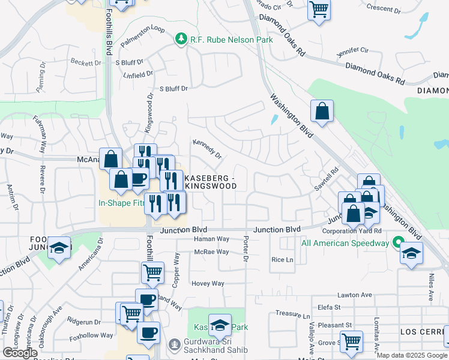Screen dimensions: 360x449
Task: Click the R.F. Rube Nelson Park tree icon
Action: pyautogui.click(x=181, y=40)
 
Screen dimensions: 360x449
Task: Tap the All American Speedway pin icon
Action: pyautogui.click(x=397, y=243)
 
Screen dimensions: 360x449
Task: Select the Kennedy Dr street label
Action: pyautogui.click(x=207, y=149)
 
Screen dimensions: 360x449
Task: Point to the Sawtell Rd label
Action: pyautogui.click(x=323, y=179)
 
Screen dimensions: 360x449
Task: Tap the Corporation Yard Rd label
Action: pyautogui.click(x=352, y=230)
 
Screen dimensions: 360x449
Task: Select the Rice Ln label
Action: pyautogui.click(x=282, y=260)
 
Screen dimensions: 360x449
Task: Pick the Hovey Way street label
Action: pyautogui.click(x=208, y=284)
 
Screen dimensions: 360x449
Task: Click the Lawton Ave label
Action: pyautogui.click(x=355, y=295)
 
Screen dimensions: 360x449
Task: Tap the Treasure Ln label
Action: pyautogui.click(x=292, y=314)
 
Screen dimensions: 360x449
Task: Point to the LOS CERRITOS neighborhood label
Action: pyautogui.click(x=423, y=332)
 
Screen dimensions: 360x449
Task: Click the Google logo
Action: pyautogui.click(x=20, y=353)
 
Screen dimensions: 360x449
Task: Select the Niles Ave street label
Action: pyautogui.click(x=430, y=287)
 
